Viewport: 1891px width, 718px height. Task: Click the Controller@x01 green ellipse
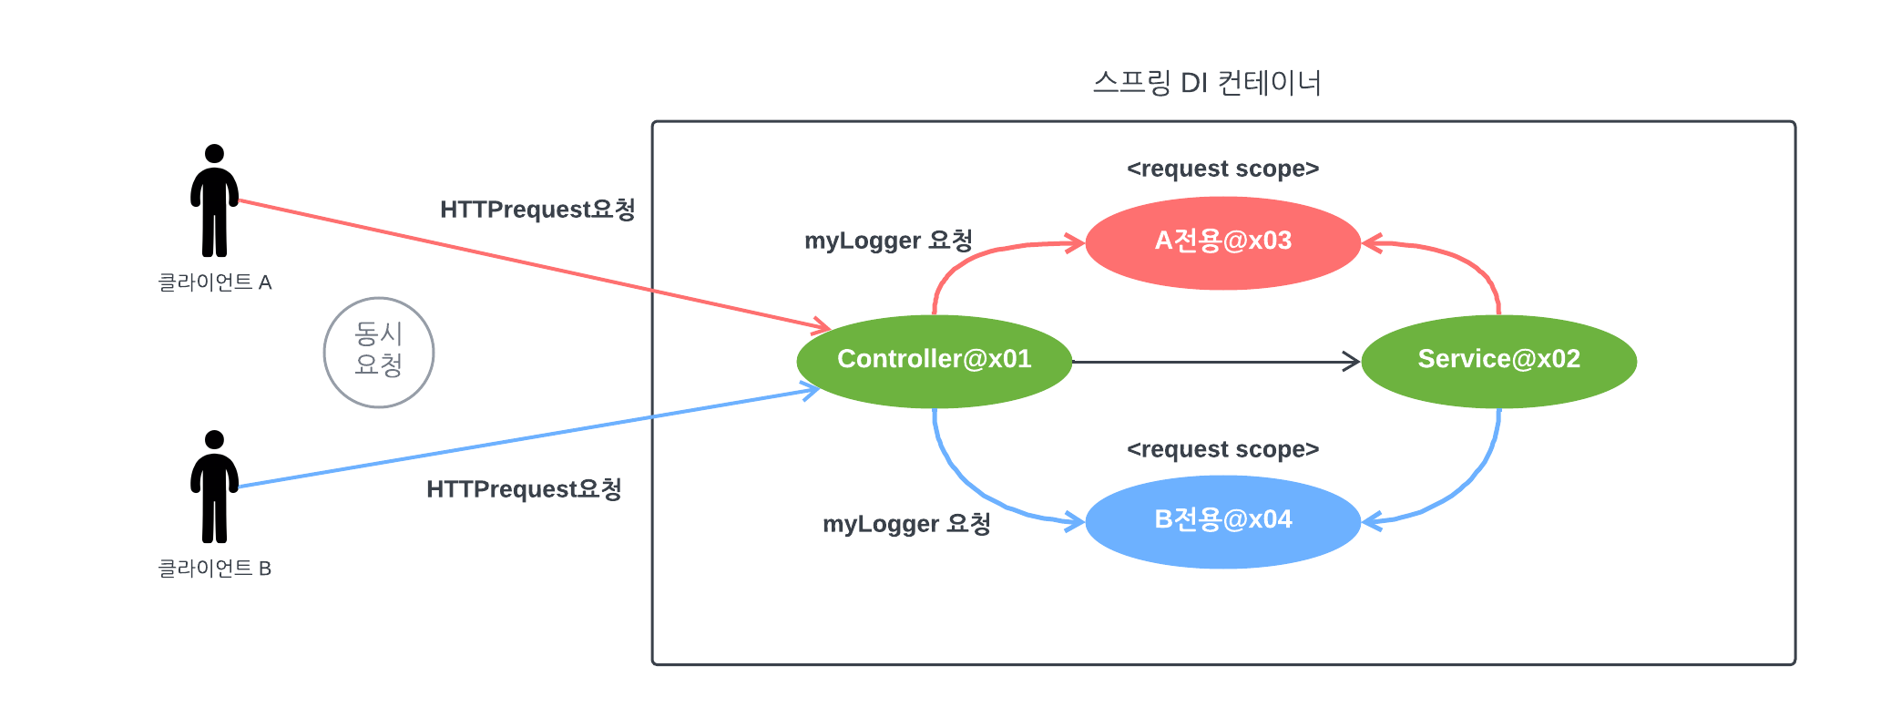pyautogui.click(x=934, y=361)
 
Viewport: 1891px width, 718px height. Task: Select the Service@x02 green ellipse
pyautogui.click(x=1498, y=361)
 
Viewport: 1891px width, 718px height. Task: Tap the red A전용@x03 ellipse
pyautogui.click(x=1222, y=242)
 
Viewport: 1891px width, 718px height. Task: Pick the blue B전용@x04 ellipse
pyautogui.click(x=1222, y=521)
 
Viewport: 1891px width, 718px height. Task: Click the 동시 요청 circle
pyautogui.click(x=378, y=352)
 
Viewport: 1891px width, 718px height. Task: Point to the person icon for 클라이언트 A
pyautogui.click(x=214, y=200)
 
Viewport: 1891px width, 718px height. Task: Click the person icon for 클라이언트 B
pyautogui.click(x=214, y=487)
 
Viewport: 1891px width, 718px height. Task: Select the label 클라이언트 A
pyautogui.click(x=215, y=282)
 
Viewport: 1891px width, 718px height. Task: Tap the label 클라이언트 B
pyautogui.click(x=215, y=569)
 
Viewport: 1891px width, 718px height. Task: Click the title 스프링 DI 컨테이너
pyautogui.click(x=1207, y=83)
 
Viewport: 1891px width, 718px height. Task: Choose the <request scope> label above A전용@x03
pyautogui.click(x=1222, y=169)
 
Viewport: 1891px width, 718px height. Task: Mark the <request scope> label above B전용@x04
pyautogui.click(x=1222, y=449)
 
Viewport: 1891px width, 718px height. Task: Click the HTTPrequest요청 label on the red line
pyautogui.click(x=537, y=210)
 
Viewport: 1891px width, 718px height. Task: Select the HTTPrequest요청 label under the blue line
pyautogui.click(x=524, y=489)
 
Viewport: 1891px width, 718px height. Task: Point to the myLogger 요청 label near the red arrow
pyautogui.click(x=888, y=241)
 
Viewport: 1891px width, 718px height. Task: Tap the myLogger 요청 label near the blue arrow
pyautogui.click(x=906, y=524)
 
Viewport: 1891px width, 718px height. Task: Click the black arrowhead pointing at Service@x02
pyautogui.click(x=1352, y=362)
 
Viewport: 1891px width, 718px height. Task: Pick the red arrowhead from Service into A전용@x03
pyautogui.click(x=1371, y=243)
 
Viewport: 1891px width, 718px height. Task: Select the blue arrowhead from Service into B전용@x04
pyautogui.click(x=1371, y=522)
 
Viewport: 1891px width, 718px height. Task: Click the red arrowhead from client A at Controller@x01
pyautogui.click(x=822, y=325)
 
